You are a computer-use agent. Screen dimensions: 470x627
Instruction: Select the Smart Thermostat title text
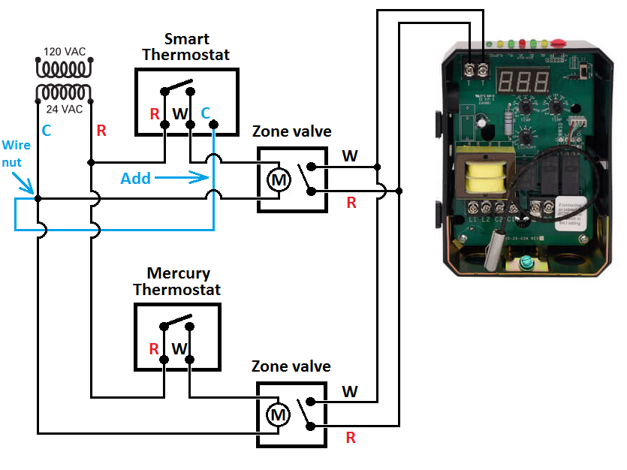[x=186, y=47]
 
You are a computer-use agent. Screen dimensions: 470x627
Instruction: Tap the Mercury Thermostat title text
[x=178, y=282]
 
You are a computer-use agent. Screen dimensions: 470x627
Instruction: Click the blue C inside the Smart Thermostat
[x=206, y=113]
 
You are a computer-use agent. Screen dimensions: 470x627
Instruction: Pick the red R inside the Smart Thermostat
[x=154, y=114]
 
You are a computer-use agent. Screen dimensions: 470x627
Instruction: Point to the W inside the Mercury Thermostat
[x=179, y=349]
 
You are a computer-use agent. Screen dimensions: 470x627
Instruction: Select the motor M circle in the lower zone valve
[x=279, y=414]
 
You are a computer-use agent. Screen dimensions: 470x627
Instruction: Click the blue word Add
[x=136, y=179]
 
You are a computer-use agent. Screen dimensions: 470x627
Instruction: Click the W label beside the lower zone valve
[x=350, y=391]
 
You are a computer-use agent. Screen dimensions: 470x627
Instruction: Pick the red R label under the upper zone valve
[x=351, y=202]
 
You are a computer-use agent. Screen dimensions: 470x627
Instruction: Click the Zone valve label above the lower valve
[x=291, y=366]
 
